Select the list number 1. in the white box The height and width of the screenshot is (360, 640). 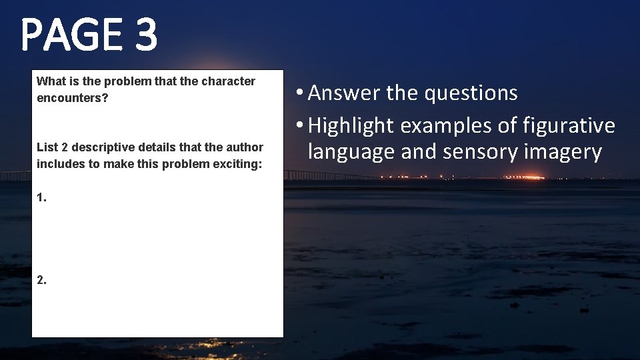(x=42, y=198)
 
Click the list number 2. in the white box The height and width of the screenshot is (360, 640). (x=42, y=281)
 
